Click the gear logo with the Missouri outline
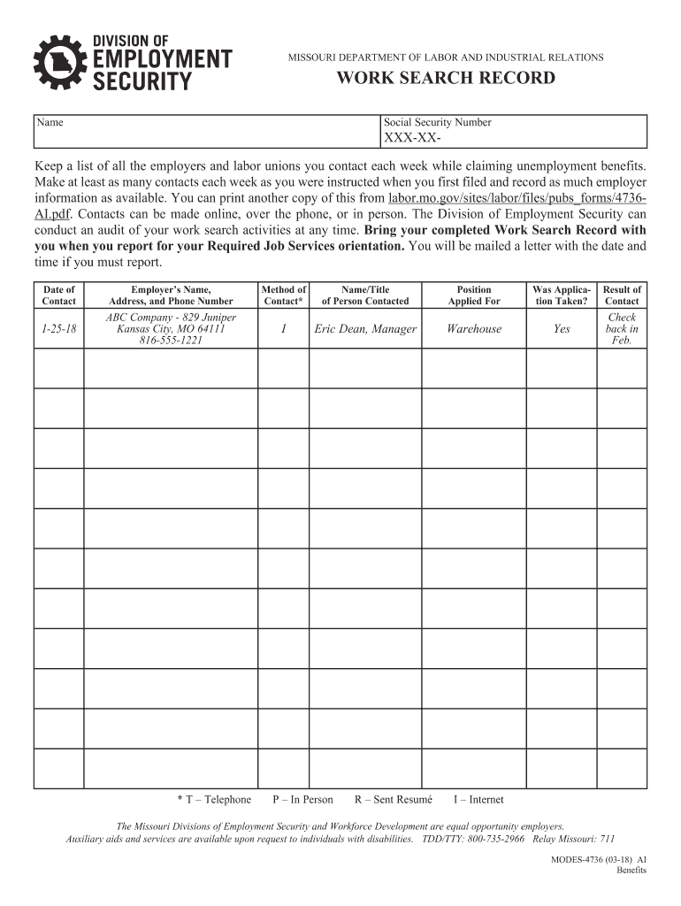61,63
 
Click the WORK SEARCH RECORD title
446,79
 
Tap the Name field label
49,123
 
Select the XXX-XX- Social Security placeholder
411,139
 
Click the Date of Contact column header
59,295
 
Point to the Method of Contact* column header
284,295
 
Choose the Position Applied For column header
474,295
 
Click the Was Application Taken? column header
561,295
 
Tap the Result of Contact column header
622,295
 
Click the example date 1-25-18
58,329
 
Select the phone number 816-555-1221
171,341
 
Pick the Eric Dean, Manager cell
365,329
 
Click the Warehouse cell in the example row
474,329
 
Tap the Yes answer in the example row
562,329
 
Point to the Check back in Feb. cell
622,329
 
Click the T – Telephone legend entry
214,800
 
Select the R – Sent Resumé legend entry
394,800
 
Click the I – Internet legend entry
478,800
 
